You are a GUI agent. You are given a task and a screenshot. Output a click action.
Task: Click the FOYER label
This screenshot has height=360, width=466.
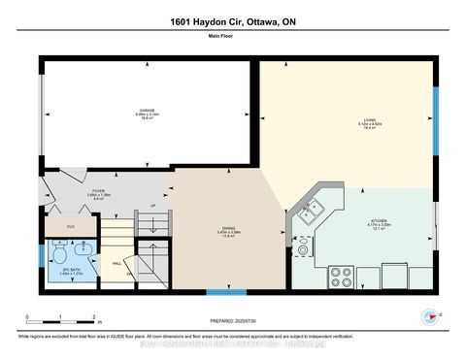coord(97,193)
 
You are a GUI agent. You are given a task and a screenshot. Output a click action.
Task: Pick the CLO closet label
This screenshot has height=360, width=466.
coord(71,226)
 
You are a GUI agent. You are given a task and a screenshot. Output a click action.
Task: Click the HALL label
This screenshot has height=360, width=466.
coord(116,263)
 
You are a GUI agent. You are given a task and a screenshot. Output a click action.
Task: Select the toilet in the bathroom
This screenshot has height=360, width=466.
coord(60,257)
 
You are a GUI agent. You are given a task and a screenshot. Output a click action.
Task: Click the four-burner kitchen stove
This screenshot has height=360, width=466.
coord(342,277)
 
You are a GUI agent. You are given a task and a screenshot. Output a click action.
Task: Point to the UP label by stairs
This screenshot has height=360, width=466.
coord(151,206)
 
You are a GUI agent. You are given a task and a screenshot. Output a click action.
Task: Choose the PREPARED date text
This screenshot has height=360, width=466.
coord(234,320)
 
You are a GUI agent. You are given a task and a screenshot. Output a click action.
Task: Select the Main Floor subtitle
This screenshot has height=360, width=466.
coord(233,38)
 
